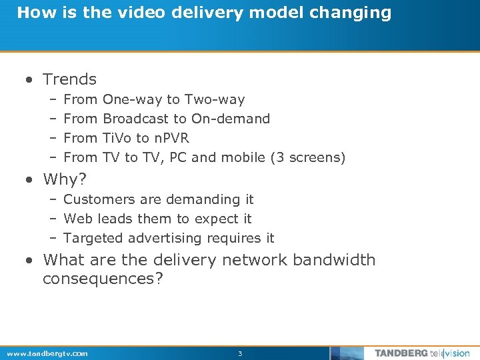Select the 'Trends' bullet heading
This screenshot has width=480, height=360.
pyautogui.click(x=69, y=79)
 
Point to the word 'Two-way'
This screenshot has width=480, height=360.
pyautogui.click(x=215, y=99)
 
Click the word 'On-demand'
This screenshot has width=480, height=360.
pyautogui.click(x=231, y=119)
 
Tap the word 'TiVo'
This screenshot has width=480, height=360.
pyautogui.click(x=117, y=138)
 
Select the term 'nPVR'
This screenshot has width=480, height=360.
pyautogui.click(x=171, y=138)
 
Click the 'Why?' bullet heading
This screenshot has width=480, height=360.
pyautogui.click(x=65, y=179)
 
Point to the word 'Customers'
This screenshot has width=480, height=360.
pyautogui.click(x=95, y=199)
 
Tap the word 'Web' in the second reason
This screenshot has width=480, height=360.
pyautogui.click(x=77, y=219)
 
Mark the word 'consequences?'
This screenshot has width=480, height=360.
pyautogui.click(x=103, y=278)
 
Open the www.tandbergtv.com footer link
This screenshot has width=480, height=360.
pyautogui.click(x=47, y=353)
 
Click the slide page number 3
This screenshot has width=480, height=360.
pyautogui.click(x=240, y=353)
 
